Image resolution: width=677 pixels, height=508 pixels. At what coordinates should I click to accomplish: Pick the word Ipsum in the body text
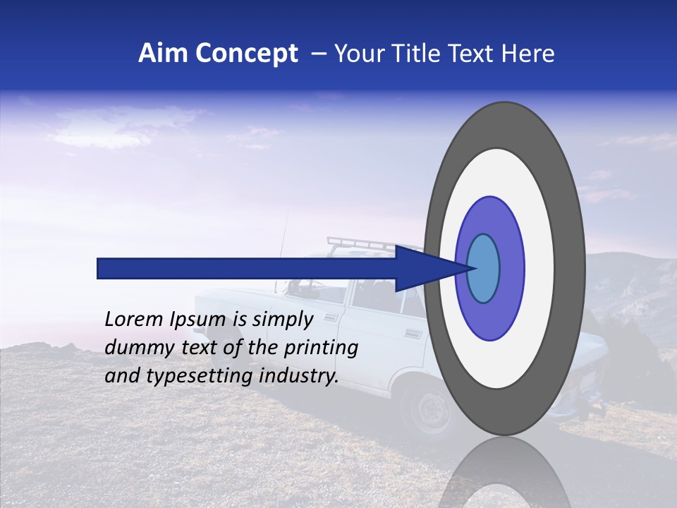point(198,319)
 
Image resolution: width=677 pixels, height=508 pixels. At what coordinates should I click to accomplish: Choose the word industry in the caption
point(299,375)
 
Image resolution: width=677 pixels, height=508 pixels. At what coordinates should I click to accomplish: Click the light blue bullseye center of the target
point(483,268)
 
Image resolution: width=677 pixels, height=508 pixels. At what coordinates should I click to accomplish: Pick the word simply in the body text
point(282,319)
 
